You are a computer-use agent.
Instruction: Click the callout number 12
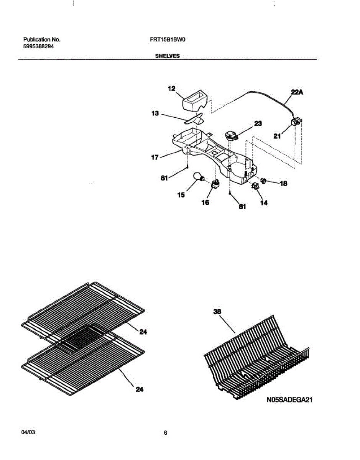pos(171,89)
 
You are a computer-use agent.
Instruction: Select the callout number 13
pos(155,113)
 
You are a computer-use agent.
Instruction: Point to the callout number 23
pos(258,123)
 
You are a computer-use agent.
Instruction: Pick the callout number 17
pos(155,157)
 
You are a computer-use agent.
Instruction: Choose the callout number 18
pos(283,184)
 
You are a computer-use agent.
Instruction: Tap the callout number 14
pos(264,204)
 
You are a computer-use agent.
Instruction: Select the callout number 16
pos(205,202)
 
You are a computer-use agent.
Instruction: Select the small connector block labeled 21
pos(295,123)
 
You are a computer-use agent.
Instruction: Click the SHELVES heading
pos(167,56)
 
